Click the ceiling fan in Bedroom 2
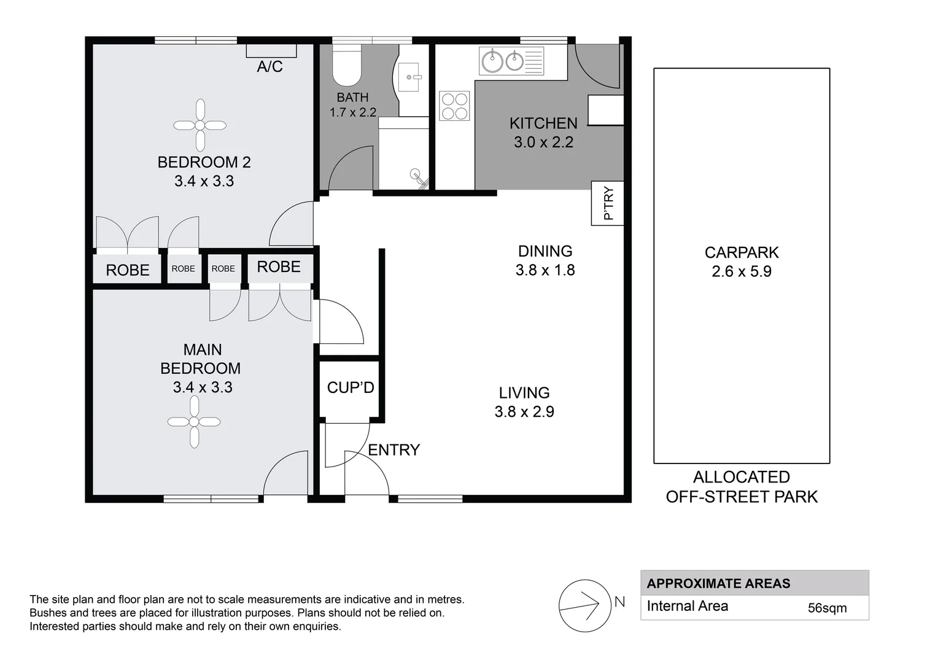click(200, 125)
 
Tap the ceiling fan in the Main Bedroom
click(194, 422)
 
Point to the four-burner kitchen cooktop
click(454, 106)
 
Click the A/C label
click(269, 66)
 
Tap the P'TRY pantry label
click(608, 203)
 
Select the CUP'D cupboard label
click(351, 387)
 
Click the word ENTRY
click(393, 450)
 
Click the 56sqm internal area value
click(827, 608)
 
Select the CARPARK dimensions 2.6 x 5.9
click(741, 271)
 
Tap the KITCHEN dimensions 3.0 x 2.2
click(543, 142)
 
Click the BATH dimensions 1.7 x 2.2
click(353, 112)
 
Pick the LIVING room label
click(524, 393)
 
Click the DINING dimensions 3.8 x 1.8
click(545, 270)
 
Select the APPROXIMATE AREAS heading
click(718, 583)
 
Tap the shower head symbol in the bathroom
click(419, 177)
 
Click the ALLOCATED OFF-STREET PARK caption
click(742, 487)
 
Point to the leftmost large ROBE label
click(128, 270)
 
